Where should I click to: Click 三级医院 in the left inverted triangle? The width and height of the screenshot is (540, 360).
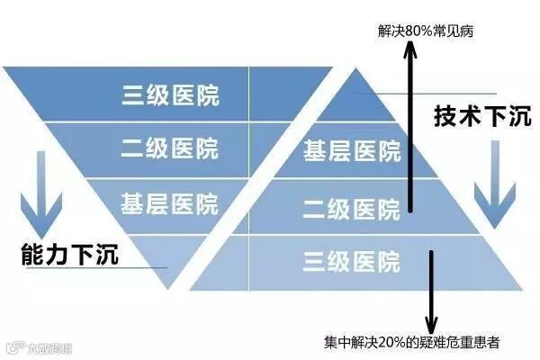click(170, 95)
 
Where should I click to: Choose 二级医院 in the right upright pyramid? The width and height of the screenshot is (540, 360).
click(352, 211)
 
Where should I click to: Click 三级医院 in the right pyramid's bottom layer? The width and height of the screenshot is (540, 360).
click(352, 263)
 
